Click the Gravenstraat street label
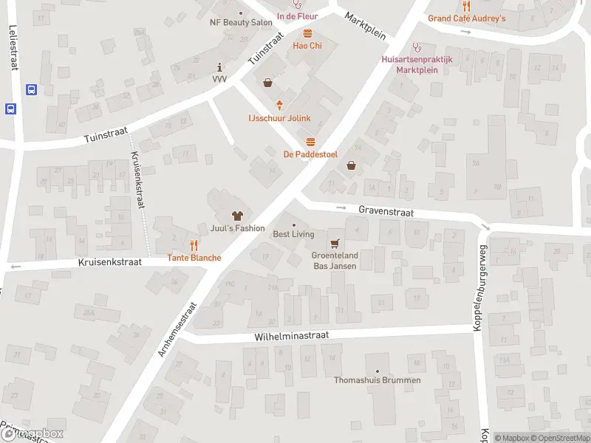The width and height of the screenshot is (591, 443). [386, 210]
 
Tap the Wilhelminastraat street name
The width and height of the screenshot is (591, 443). [291, 334]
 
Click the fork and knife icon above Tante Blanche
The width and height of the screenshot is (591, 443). [194, 245]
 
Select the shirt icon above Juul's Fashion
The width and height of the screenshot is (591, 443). [237, 216]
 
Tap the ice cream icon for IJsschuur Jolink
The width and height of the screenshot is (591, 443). [279, 106]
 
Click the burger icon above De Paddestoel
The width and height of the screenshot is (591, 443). [310, 142]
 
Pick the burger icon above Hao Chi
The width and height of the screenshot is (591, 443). [307, 33]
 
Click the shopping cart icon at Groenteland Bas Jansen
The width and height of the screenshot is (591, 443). [335, 243]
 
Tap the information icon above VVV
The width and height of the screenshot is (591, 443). [219, 66]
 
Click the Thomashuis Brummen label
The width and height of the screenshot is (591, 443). [378, 380]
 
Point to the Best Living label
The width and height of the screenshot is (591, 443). [293, 234]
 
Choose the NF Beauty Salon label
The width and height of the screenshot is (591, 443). [241, 22]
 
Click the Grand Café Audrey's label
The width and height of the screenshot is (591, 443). [466, 18]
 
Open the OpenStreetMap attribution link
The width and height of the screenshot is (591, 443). [559, 438]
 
